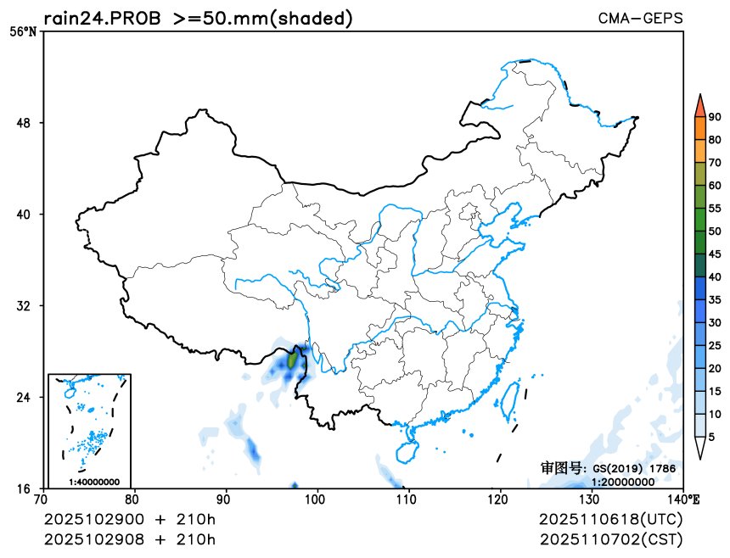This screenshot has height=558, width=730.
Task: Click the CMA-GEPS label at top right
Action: click(x=640, y=18)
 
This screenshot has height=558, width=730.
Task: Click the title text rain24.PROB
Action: click(x=102, y=18)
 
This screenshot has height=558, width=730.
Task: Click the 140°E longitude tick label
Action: click(x=686, y=500)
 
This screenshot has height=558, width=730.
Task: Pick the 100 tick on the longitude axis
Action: click(x=317, y=500)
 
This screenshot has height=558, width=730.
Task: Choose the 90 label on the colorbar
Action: click(x=715, y=117)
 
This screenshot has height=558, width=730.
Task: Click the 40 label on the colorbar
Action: click(x=715, y=276)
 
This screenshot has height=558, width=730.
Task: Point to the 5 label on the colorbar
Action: click(x=711, y=436)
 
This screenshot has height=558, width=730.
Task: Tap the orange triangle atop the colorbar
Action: click(x=699, y=105)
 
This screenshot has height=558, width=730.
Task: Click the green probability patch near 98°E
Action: click(x=293, y=360)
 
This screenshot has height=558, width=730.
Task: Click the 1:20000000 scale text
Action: click(x=623, y=482)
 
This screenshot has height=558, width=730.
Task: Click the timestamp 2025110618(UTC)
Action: click(x=610, y=519)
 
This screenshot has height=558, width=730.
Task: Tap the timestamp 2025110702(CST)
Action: click(x=610, y=539)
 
